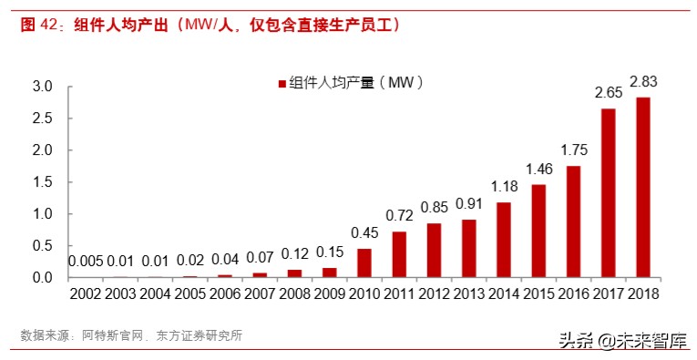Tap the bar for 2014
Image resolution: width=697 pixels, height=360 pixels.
(504, 240)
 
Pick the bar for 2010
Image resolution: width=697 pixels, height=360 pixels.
(364, 262)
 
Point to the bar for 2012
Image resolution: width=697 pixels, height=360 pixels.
(434, 250)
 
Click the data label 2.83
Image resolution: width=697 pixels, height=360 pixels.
(643, 82)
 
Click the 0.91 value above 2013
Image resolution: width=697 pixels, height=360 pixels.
(469, 205)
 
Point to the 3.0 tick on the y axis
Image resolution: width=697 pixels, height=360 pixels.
(43, 87)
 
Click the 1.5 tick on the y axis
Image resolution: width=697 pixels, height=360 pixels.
(43, 182)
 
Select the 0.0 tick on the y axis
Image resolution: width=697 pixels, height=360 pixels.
(43, 277)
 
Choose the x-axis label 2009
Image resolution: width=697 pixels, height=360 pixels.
(329, 293)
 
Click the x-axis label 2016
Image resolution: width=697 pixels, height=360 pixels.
(573, 293)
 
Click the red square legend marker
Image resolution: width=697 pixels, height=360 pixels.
(281, 84)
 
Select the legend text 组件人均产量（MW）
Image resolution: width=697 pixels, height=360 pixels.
(356, 84)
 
